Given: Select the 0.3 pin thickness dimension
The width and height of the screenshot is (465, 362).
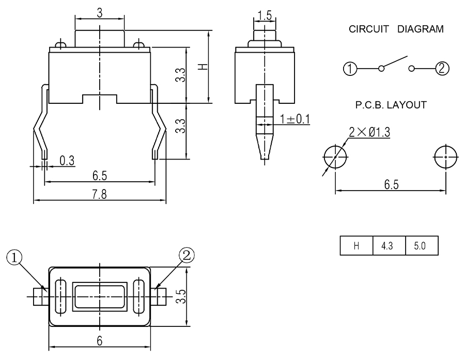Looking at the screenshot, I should click(66, 161).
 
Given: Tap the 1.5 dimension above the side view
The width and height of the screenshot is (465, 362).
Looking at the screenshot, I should click(265, 15).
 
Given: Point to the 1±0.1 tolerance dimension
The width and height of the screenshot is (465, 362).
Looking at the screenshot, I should click(294, 119).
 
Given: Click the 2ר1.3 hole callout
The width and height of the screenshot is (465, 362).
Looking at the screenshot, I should click(369, 132).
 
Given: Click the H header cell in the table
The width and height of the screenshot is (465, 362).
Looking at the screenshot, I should click(356, 246).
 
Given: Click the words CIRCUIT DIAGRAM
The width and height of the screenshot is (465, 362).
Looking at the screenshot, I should click(396, 29).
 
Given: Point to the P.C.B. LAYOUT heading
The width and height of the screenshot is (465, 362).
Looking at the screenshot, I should click(391, 105).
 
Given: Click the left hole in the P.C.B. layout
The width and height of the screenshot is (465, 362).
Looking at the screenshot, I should click(335, 155).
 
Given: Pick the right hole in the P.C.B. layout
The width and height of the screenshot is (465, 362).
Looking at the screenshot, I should click(445, 155).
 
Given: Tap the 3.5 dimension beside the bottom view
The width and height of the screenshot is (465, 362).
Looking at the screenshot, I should click(192, 296).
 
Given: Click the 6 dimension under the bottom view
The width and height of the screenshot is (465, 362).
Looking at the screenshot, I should click(100, 340).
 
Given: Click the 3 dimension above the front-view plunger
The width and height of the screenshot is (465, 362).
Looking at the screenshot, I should click(99, 13).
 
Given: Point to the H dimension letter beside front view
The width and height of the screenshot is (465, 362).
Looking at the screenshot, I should click(203, 66).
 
